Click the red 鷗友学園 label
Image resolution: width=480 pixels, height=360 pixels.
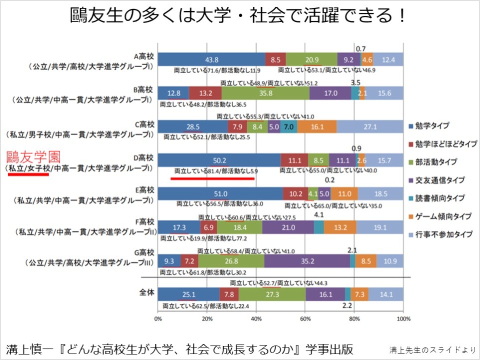pyautogui.click(x=30, y=155)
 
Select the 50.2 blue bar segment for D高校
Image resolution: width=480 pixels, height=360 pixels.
pyautogui.click(x=219, y=160)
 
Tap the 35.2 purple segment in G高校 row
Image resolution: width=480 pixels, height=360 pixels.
pyautogui.click(x=307, y=260)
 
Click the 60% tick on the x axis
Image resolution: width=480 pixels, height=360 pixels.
pyautogui.click(x=305, y=318)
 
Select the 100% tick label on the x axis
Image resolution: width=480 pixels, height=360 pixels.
pyautogui.click(x=403, y=318)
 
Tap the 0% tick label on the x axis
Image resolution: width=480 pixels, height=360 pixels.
pyautogui.click(x=158, y=318)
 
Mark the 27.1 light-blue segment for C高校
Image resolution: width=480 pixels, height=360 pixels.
pyautogui.click(x=370, y=126)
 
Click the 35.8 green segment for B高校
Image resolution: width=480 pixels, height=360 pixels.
pyautogui.click(x=265, y=93)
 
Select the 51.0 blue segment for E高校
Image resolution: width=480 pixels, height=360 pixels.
pyautogui.click(x=220, y=193)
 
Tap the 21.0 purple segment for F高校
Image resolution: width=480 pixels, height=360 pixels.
pyautogui.click(x=287, y=227)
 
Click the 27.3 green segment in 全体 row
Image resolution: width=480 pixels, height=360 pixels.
pyautogui.click(x=272, y=294)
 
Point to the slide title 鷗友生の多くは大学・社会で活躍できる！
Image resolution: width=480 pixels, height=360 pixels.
pyautogui.click(x=238, y=16)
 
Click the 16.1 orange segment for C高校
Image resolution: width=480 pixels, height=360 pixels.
pyautogui.click(x=316, y=126)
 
